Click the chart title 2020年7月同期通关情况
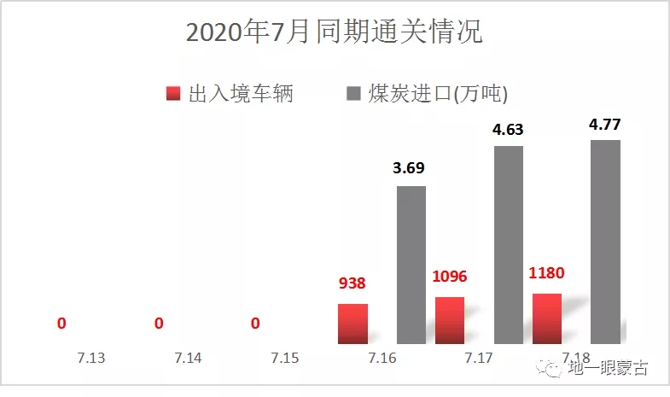(x=335, y=32)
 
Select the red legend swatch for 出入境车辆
(x=173, y=94)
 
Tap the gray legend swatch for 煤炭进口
(x=353, y=94)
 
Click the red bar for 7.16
(x=352, y=324)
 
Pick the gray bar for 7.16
(x=411, y=265)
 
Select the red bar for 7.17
(x=450, y=320)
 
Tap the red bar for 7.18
(x=547, y=318)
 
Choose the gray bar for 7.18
(x=605, y=242)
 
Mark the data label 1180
(x=547, y=274)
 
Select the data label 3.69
(x=411, y=168)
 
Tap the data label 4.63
(x=508, y=131)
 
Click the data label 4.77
(x=605, y=125)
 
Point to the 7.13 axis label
(x=91, y=358)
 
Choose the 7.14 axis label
(x=188, y=358)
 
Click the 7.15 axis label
(x=285, y=358)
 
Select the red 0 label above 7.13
(x=61, y=324)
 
